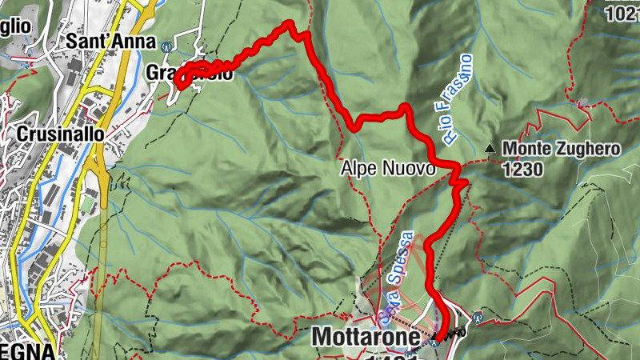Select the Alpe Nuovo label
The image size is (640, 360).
pos(387,169)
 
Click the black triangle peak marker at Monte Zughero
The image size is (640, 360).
pos(489,147)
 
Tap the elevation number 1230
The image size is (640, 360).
pos(524,169)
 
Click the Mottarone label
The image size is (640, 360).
pos(366,337)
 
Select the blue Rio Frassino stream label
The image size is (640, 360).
pos(455,99)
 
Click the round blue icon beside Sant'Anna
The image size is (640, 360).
pos(166,45)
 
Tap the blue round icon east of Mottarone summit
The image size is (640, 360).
pos(478,316)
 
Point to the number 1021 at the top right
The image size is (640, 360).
pos(622,13)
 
